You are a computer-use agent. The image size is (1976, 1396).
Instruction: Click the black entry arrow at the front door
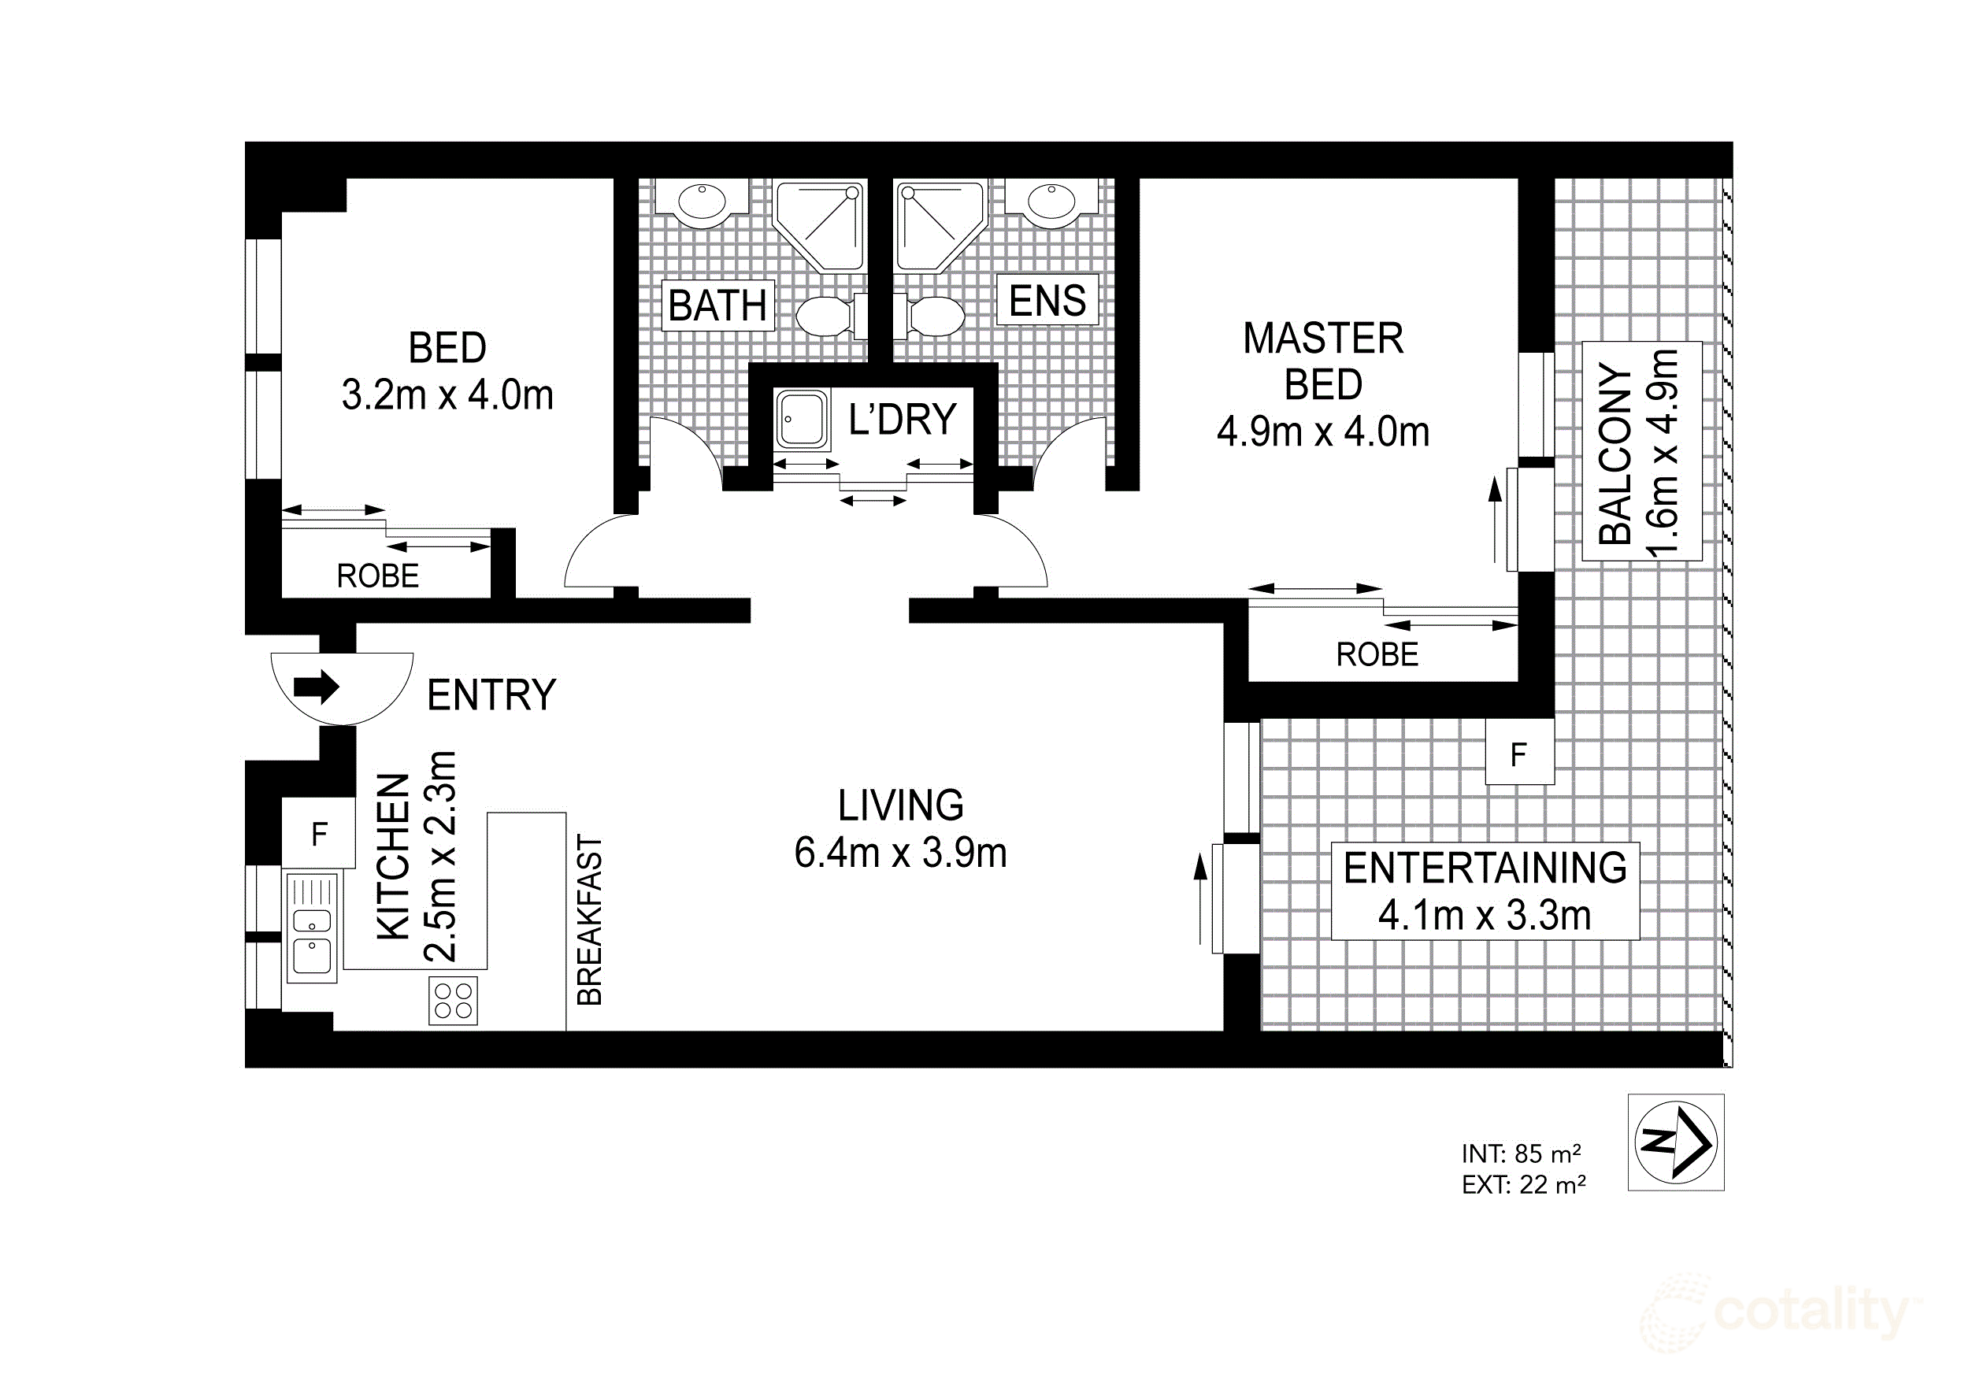[x=317, y=687]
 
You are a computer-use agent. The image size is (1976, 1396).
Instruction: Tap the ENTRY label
[x=491, y=694]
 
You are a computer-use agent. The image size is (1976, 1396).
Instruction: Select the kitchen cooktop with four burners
[x=453, y=1001]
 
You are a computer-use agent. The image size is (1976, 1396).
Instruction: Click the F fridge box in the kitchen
[x=318, y=833]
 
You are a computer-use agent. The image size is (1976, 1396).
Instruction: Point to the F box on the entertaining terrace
[x=1519, y=755]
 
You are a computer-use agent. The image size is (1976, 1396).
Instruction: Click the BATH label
[x=717, y=305]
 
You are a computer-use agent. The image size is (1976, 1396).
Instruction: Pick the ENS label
[x=1047, y=300]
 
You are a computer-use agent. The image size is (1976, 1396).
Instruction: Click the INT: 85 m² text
[x=1521, y=1153]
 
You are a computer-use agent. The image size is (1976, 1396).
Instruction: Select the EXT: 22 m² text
[x=1522, y=1185]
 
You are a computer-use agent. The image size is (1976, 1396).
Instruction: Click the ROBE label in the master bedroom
[x=1376, y=655]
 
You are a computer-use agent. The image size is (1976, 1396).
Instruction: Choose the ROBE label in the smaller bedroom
[x=377, y=576]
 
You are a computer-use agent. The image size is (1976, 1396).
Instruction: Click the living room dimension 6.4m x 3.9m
[x=900, y=853]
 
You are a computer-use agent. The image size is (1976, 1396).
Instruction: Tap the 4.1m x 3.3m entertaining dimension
[x=1484, y=915]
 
